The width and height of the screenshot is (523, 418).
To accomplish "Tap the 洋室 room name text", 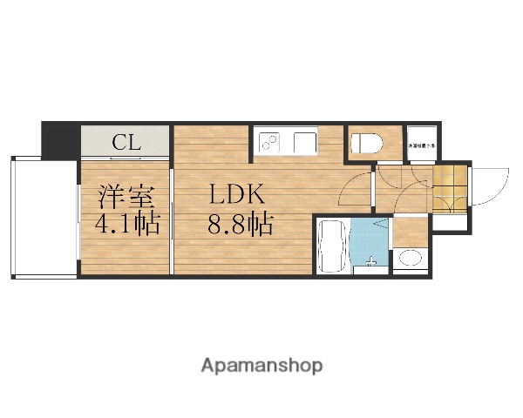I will tap(119, 196).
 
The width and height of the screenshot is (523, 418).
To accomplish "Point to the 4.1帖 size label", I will tap(127, 224).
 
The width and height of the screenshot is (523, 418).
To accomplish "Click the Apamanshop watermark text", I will tap(261, 365).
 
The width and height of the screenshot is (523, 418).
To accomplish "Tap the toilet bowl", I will tap(364, 144).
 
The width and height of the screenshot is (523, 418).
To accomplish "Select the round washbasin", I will tap(409, 258).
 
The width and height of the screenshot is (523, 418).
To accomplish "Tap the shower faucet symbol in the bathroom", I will tap(372, 260).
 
